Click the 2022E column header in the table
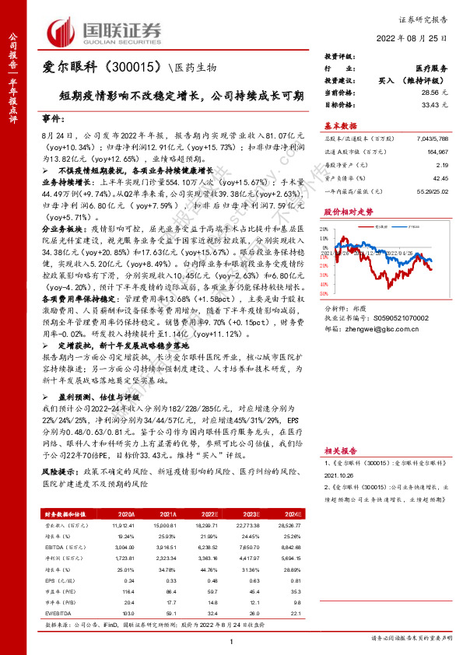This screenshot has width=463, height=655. click(x=209, y=514)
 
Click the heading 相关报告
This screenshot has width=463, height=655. click(x=341, y=450)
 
